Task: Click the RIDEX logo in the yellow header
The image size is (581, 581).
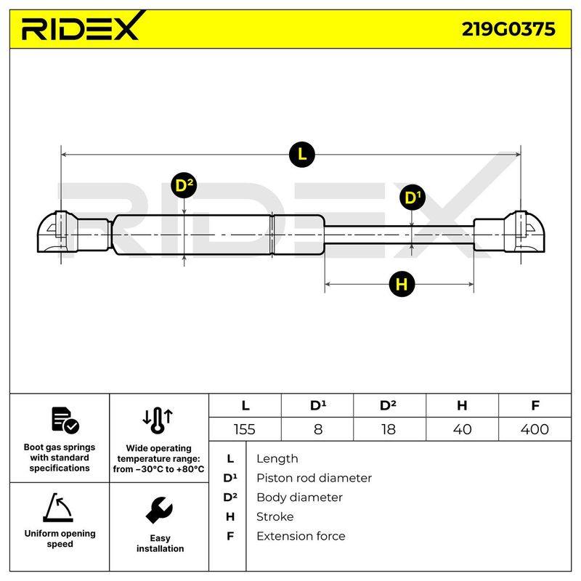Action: [x=83, y=27]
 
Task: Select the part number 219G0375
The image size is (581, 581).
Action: [x=508, y=29]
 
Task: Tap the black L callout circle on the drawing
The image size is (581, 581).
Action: [x=302, y=154]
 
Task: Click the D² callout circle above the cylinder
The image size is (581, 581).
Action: [x=184, y=185]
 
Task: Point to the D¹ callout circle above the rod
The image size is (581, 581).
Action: [x=413, y=197]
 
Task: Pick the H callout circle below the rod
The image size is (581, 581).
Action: [x=402, y=284]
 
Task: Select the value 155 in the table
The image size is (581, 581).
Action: [x=245, y=429]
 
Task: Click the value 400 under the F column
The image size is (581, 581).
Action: [x=535, y=429]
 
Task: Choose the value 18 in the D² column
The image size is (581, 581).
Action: [x=389, y=429]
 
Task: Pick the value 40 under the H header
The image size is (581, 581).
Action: [x=462, y=429]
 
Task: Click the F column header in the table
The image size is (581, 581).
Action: [x=535, y=405]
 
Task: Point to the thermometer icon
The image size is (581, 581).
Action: [x=158, y=420]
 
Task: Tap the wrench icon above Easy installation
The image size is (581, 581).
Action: [x=159, y=511]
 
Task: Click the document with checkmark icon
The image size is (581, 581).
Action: [x=65, y=420]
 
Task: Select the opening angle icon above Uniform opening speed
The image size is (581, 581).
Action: [x=58, y=508]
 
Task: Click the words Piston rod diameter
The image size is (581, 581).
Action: [x=314, y=478]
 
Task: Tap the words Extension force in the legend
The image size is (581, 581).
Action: [x=301, y=536]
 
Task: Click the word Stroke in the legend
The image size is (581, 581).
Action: [x=275, y=517]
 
